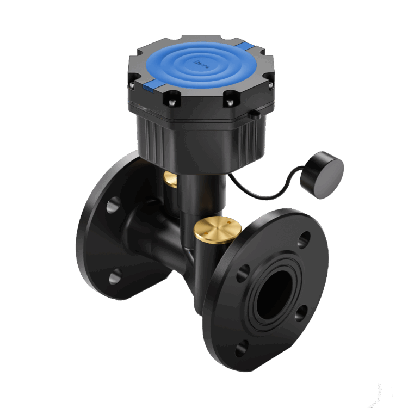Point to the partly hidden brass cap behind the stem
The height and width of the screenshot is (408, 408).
[171, 180]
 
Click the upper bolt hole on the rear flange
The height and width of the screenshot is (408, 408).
[113, 206]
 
